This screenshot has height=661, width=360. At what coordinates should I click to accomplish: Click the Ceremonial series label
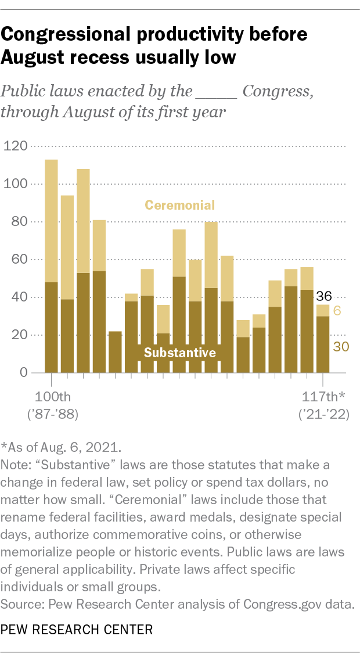point(180,205)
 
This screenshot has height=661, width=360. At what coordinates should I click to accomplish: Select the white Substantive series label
point(179,353)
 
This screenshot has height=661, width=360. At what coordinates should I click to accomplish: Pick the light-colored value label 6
point(337,311)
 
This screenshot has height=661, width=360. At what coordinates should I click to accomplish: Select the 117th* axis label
point(323,397)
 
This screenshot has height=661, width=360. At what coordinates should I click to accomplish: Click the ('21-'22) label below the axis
point(323,415)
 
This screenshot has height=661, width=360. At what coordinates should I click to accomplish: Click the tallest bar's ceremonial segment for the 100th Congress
point(51,221)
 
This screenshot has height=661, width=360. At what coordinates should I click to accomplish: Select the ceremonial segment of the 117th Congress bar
point(323,310)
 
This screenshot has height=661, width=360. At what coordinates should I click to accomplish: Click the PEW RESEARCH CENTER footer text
point(77,645)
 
